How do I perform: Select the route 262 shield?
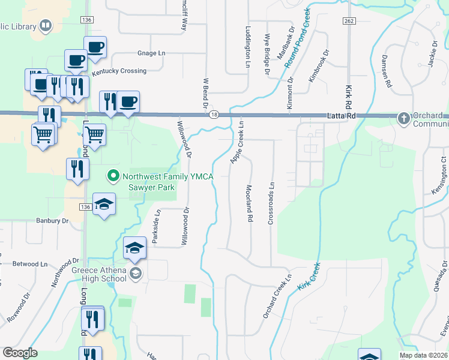349,20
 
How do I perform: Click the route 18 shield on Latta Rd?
214,115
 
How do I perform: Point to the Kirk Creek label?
307,277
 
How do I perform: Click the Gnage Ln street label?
151,53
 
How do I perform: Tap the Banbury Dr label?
52,221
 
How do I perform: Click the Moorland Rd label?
248,204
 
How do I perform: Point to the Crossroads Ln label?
271,204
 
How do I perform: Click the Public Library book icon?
45,25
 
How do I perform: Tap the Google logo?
20,353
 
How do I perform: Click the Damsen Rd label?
387,71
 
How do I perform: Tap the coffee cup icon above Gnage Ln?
95,47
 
